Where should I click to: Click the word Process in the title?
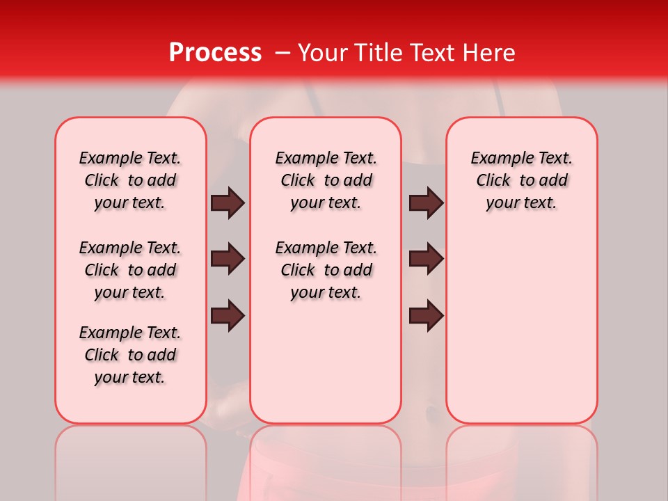point(215,53)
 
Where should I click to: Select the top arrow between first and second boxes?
point(228,202)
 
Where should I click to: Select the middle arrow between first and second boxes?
point(228,259)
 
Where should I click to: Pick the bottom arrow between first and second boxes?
point(228,315)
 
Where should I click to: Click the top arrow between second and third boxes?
point(426,202)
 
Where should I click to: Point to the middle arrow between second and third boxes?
point(426,259)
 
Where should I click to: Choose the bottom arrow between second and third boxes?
point(426,315)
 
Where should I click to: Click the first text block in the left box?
point(130,180)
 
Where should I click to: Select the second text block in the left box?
point(130,270)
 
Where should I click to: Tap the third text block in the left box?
point(130,355)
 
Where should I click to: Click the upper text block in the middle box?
point(326,180)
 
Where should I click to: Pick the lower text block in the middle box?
point(326,270)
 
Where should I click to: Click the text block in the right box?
point(521,180)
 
